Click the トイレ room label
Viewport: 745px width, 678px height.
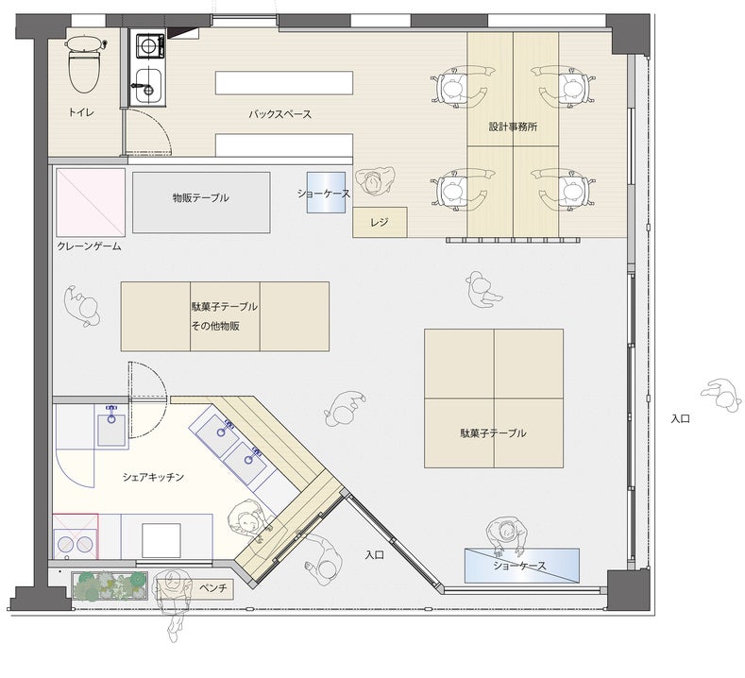click(x=81, y=112)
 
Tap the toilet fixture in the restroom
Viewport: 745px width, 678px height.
click(x=85, y=64)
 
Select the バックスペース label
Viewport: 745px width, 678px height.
click(x=279, y=114)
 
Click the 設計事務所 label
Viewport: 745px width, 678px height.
click(x=513, y=127)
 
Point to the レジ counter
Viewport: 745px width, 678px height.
click(x=380, y=222)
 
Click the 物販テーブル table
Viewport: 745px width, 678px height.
click(x=201, y=202)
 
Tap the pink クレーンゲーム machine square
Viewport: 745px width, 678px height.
click(x=91, y=202)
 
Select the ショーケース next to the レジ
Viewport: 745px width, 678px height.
click(x=326, y=193)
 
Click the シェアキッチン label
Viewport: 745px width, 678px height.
click(x=153, y=477)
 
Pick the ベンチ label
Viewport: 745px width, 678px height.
click(x=212, y=588)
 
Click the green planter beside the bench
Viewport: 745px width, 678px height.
click(x=110, y=585)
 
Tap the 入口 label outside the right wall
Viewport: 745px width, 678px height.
click(x=681, y=419)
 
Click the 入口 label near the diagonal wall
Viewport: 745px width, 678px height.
click(x=375, y=554)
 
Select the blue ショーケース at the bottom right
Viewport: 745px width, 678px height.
click(x=522, y=566)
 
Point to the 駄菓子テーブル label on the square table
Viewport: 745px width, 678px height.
click(x=493, y=433)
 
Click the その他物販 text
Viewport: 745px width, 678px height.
click(x=215, y=326)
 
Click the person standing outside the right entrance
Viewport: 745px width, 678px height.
click(x=721, y=396)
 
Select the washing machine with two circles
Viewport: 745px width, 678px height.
click(x=76, y=536)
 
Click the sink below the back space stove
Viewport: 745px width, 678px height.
click(x=146, y=86)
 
